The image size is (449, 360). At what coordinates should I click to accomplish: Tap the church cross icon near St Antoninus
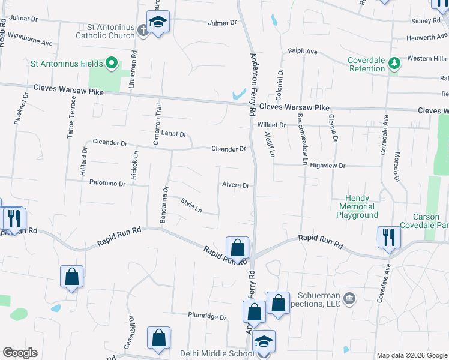tap(143, 29)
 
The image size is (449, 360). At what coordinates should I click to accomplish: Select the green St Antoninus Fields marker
tap(111, 62)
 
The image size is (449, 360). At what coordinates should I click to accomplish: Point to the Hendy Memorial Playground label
tap(357, 206)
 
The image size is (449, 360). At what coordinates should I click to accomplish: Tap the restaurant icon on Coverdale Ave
tap(388, 236)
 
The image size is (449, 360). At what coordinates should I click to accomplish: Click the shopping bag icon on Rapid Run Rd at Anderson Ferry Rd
tap(237, 247)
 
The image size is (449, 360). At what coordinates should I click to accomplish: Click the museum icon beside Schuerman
tap(350, 298)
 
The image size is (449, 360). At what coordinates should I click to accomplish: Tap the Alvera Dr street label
tap(235, 185)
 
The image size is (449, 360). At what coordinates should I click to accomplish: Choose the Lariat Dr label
tap(174, 134)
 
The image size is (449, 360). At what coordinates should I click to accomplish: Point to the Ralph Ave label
tap(303, 52)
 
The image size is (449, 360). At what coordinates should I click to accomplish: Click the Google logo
tap(20, 353)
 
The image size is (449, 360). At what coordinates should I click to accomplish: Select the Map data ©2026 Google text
tap(412, 355)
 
